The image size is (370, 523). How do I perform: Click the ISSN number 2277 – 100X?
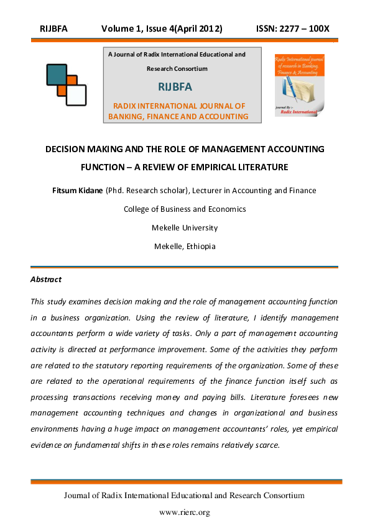tap(292, 29)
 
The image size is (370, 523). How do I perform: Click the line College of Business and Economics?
tap(185, 209)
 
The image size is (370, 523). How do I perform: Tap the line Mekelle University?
tap(185, 227)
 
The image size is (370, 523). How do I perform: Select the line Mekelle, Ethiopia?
tap(185, 246)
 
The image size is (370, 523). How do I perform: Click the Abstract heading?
tap(46, 280)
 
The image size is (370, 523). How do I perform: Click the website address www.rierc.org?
tap(185, 512)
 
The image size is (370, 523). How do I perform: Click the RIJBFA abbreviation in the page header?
tap(53, 29)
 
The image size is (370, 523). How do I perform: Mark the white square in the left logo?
tap(76, 94)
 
